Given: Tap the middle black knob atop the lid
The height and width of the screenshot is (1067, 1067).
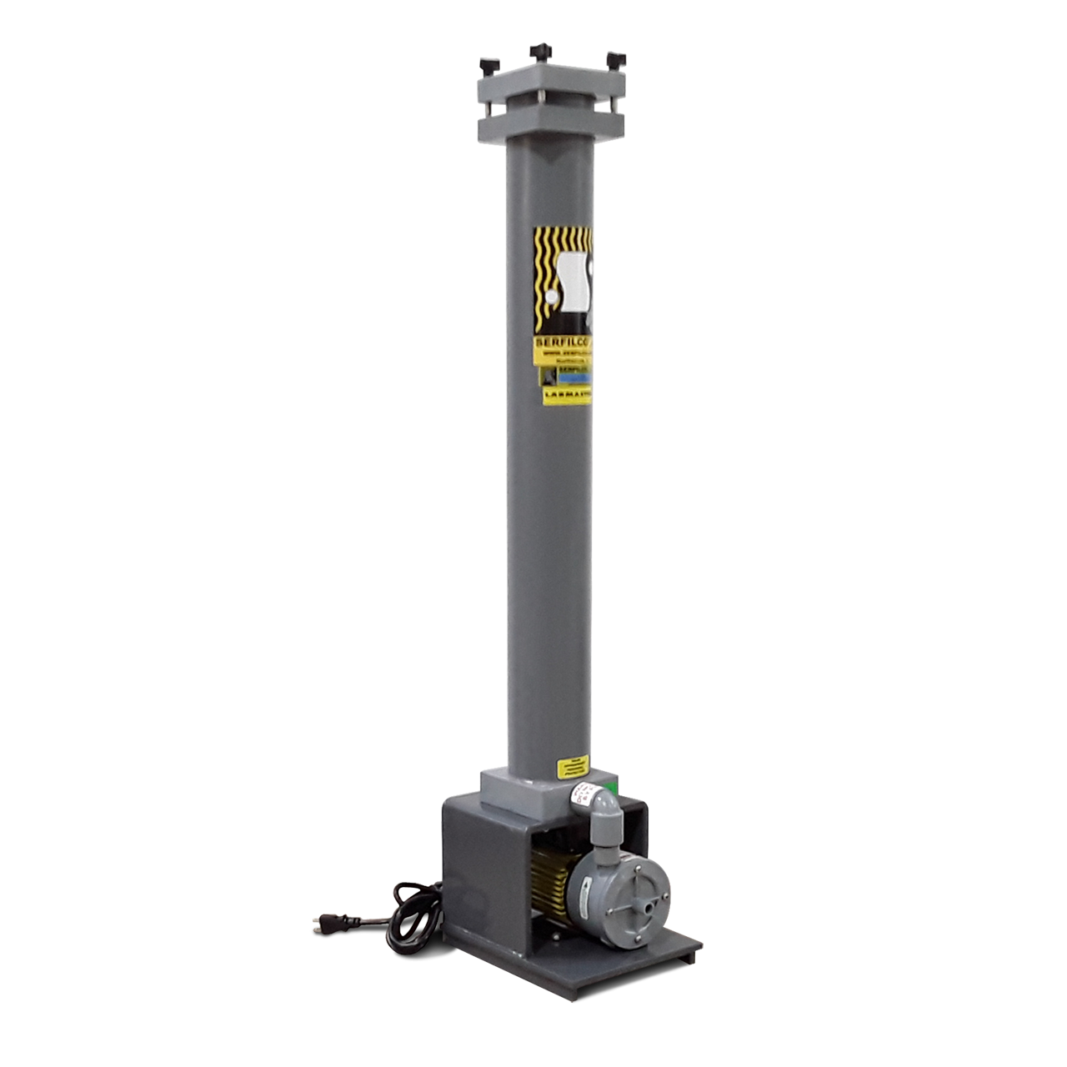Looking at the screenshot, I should pyautogui.click(x=537, y=52).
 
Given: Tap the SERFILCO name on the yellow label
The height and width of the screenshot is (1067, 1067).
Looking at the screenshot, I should pyautogui.click(x=564, y=342).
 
